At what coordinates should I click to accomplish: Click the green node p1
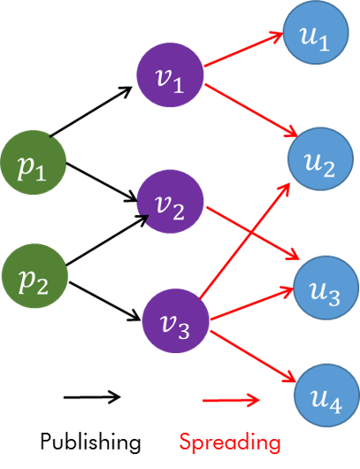(33, 165)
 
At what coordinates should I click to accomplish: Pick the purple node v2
(170, 205)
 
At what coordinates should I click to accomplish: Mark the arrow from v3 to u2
(243, 239)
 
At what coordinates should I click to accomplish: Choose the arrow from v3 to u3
(252, 304)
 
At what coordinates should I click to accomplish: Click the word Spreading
(230, 440)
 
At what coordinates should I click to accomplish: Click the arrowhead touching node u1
(280, 37)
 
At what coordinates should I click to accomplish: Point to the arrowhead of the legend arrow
(256, 401)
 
